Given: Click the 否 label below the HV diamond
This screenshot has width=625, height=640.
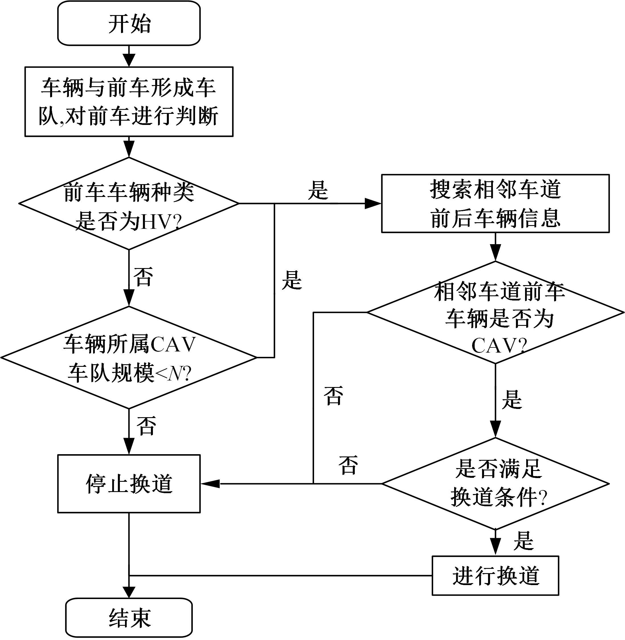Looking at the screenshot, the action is (143, 277).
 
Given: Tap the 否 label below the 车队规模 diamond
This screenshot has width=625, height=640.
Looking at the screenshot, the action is (146, 426).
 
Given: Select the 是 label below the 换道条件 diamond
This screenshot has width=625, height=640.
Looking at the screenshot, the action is (524, 541).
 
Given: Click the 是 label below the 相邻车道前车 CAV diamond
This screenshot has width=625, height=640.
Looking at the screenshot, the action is (512, 400).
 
